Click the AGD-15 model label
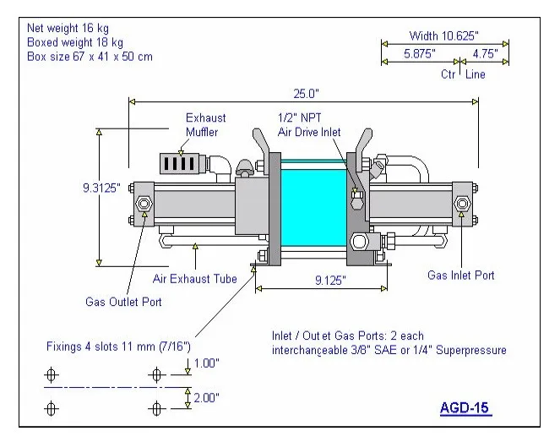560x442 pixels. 465,408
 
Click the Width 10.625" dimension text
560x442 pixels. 443,35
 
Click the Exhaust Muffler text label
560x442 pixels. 206,125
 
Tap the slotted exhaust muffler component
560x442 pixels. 179,161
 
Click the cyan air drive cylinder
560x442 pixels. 312,205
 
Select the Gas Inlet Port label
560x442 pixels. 460,276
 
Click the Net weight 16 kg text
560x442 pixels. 68,28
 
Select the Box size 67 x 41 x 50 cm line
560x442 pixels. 90,56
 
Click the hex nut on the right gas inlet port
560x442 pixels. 463,204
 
